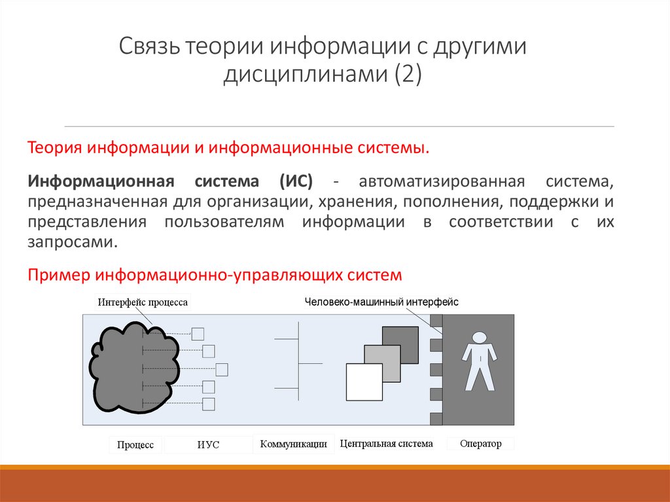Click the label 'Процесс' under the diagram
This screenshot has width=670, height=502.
(135, 445)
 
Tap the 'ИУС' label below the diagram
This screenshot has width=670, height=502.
(208, 445)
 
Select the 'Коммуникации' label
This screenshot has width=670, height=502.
(293, 444)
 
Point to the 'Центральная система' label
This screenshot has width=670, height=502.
(387, 444)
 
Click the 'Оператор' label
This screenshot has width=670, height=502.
(480, 444)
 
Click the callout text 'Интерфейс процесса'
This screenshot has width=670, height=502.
(143, 302)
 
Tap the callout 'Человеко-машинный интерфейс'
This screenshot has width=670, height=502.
(381, 302)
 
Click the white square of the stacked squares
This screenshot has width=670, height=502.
(364, 382)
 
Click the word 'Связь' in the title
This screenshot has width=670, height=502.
(149, 48)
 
